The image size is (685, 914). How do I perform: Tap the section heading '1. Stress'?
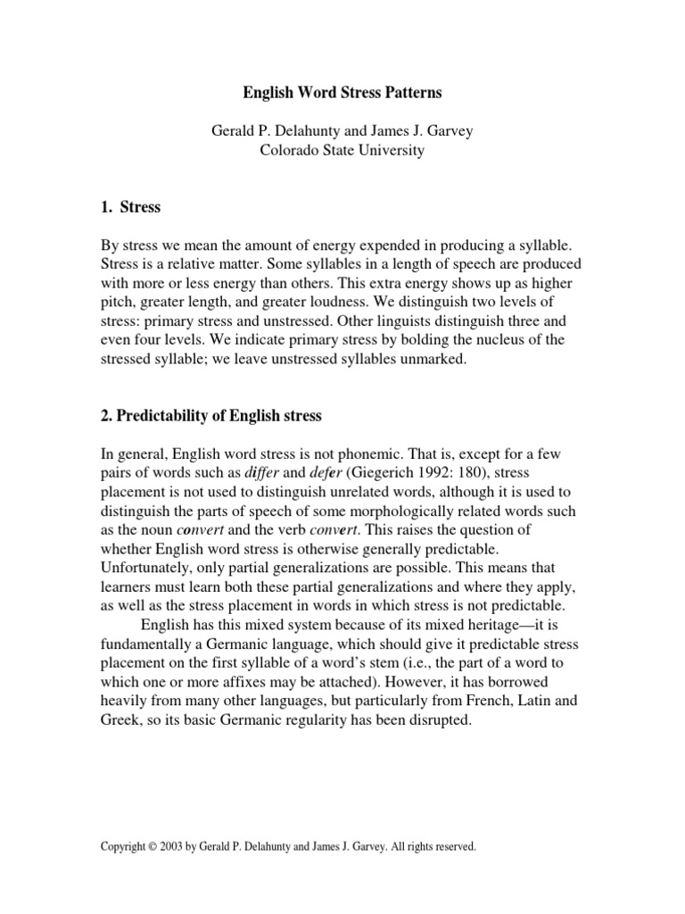click(x=130, y=207)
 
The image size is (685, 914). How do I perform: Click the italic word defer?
click(x=328, y=475)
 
